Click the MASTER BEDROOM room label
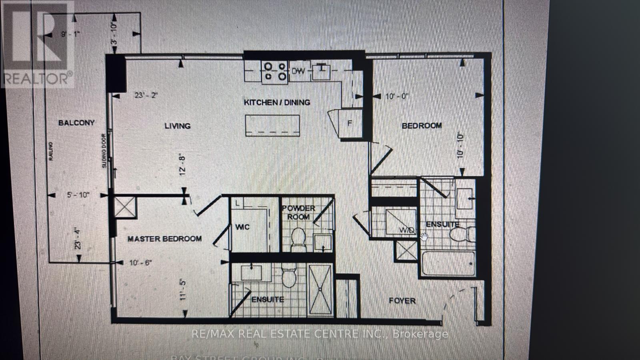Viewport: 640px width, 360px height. click(164, 239)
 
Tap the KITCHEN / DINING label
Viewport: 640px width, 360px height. click(277, 102)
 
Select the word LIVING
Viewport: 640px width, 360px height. click(177, 126)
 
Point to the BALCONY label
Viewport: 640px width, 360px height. click(76, 123)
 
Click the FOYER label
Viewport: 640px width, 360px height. click(402, 301)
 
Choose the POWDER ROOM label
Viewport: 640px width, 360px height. click(298, 212)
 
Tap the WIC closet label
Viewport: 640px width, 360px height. click(242, 227)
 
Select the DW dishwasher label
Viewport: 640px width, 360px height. click(298, 71)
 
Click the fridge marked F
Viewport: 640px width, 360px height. click(350, 124)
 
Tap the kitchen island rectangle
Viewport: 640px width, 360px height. click(272, 126)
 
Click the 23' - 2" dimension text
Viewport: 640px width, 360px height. click(147, 95)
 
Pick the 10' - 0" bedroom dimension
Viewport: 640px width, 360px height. click(397, 96)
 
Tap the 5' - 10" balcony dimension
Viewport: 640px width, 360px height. click(78, 195)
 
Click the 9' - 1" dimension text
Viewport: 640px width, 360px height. click(70, 34)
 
